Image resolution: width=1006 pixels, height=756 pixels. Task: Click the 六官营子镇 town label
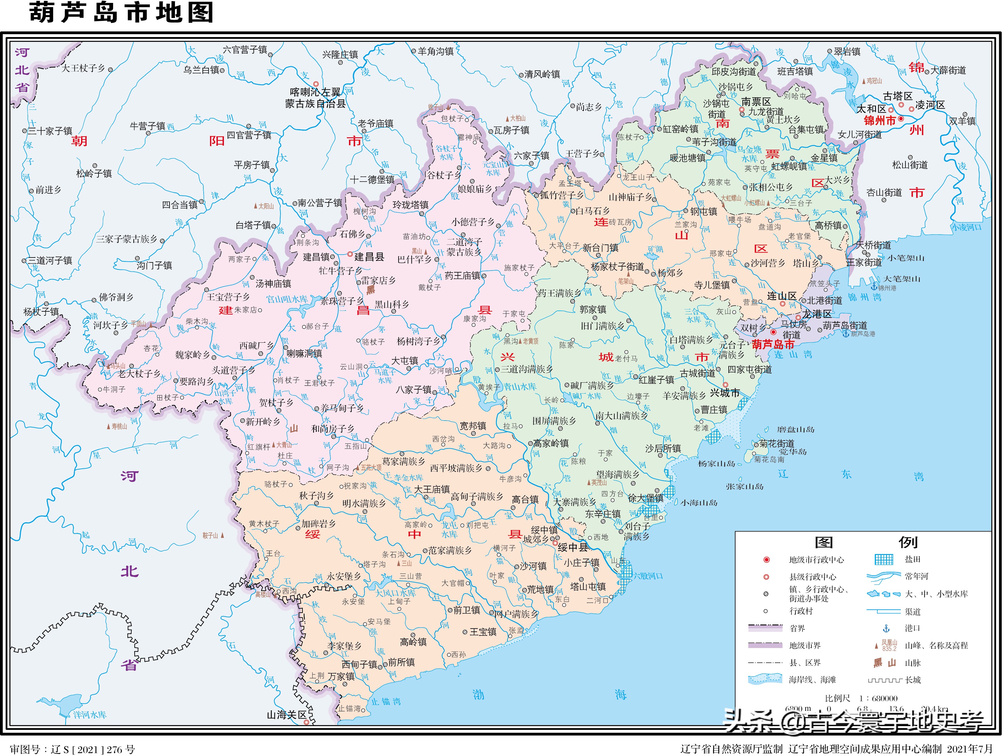[245, 50]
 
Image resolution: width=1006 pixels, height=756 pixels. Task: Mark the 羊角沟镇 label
[435, 51]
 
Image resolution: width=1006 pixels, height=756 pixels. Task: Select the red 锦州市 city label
[880, 120]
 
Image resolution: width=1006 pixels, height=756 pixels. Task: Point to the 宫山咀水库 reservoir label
[287, 299]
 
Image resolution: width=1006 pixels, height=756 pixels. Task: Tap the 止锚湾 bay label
[386, 702]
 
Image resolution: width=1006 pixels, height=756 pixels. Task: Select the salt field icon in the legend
[884, 560]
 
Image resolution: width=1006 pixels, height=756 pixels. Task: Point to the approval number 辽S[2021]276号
[73, 749]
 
